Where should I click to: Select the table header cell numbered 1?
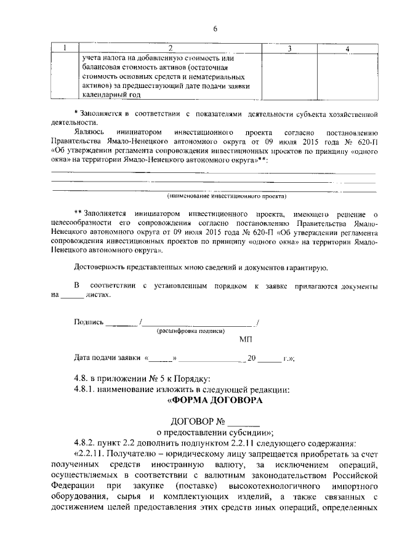tap(65, 49)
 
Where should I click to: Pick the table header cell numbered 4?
tap(348, 49)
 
